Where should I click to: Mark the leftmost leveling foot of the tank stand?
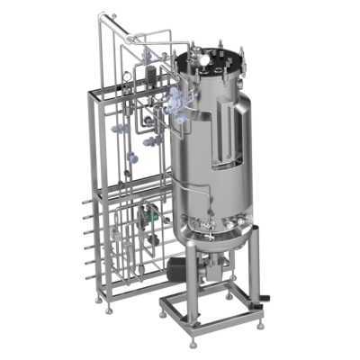159,314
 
